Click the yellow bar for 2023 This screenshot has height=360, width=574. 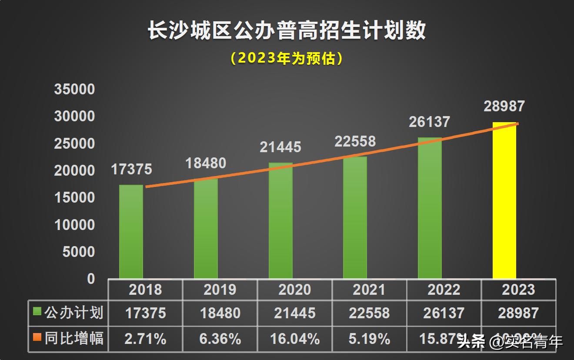pos(504,201)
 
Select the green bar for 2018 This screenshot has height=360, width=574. pos(131,232)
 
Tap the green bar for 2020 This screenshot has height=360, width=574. pos(280,221)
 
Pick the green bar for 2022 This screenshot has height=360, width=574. pos(430,208)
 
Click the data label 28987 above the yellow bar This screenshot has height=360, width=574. pos(504,106)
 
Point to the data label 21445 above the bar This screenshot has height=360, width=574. pos(280,147)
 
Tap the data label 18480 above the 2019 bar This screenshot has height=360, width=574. pos(206,163)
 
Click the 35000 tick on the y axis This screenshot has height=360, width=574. pos(74,90)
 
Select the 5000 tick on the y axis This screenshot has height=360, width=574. pos(78,252)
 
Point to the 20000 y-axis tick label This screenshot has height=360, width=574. pos(74,171)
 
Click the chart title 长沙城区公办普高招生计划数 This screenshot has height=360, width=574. pos(287,31)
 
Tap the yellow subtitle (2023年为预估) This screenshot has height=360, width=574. pos(287,58)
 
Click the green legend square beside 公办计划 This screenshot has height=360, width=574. pos(37,312)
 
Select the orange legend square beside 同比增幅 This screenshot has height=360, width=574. pos(37,337)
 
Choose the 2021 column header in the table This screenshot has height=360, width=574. pos(369,290)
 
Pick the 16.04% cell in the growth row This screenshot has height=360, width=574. pos(294,339)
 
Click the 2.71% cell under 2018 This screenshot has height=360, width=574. pos(145,339)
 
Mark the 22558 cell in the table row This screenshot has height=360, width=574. pos(369,313)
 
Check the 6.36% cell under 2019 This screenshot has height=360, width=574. pos(220,339)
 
